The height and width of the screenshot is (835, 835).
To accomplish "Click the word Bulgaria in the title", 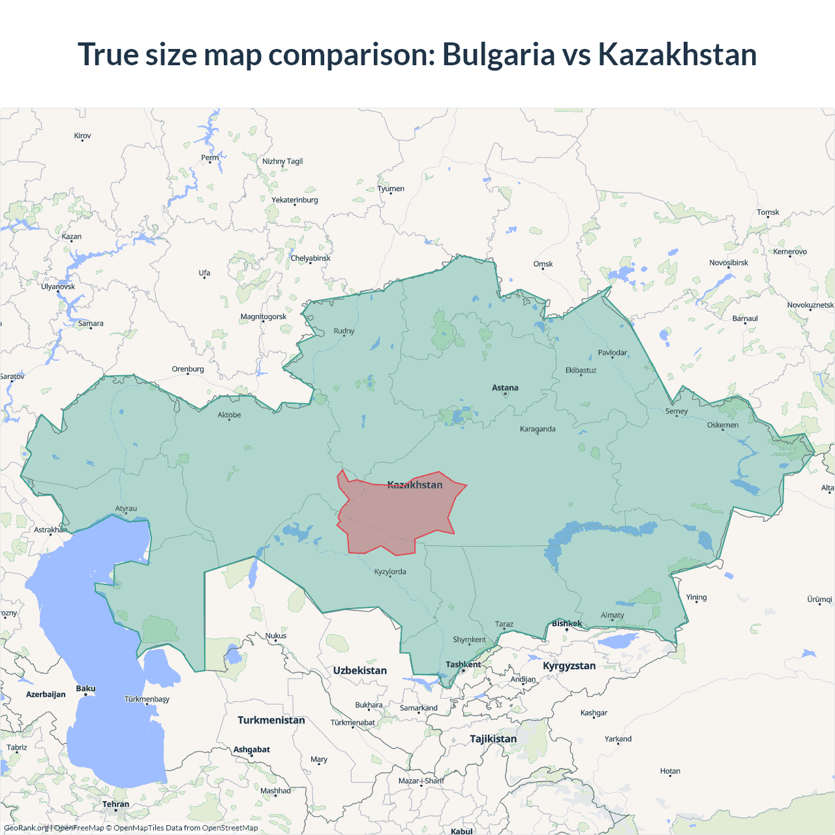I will click(498, 55).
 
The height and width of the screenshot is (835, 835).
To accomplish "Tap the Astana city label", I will click(505, 387).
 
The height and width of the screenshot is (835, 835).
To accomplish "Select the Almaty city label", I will click(612, 615).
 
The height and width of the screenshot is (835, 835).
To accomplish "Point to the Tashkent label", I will click(463, 665).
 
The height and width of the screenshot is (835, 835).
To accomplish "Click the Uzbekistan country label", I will click(359, 671).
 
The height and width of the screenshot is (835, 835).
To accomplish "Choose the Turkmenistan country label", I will click(271, 720).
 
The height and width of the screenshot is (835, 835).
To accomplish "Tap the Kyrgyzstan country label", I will click(569, 666).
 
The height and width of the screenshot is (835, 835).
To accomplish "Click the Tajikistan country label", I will click(493, 739).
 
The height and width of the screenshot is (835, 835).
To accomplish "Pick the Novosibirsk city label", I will click(729, 263).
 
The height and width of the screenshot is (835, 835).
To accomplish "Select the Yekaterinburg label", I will click(295, 200).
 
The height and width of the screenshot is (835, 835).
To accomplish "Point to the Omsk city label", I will click(543, 264).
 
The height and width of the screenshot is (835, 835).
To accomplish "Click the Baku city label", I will click(85, 689).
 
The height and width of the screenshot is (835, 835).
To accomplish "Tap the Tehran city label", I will click(115, 804).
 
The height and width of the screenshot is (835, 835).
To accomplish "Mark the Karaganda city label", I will click(538, 429).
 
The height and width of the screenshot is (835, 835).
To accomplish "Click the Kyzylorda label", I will click(390, 572).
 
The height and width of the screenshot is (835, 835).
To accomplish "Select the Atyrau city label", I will click(126, 509).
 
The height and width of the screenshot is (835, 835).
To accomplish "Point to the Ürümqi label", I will click(819, 600).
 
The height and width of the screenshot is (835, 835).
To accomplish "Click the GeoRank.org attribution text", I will click(26, 828).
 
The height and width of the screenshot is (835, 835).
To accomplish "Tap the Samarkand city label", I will click(418, 708).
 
